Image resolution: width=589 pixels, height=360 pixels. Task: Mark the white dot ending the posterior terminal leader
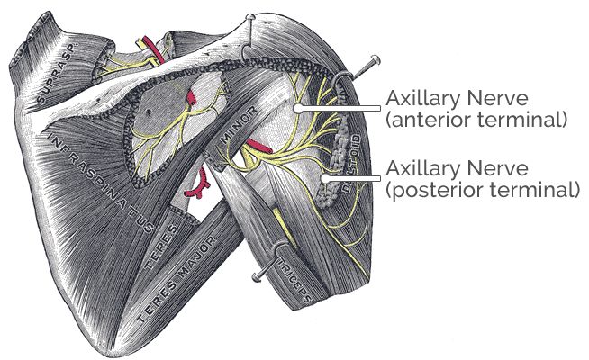coord(322,178)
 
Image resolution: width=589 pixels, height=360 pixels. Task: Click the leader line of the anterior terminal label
coord(339,109)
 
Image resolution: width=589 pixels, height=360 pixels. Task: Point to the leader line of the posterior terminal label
coord(351,178)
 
